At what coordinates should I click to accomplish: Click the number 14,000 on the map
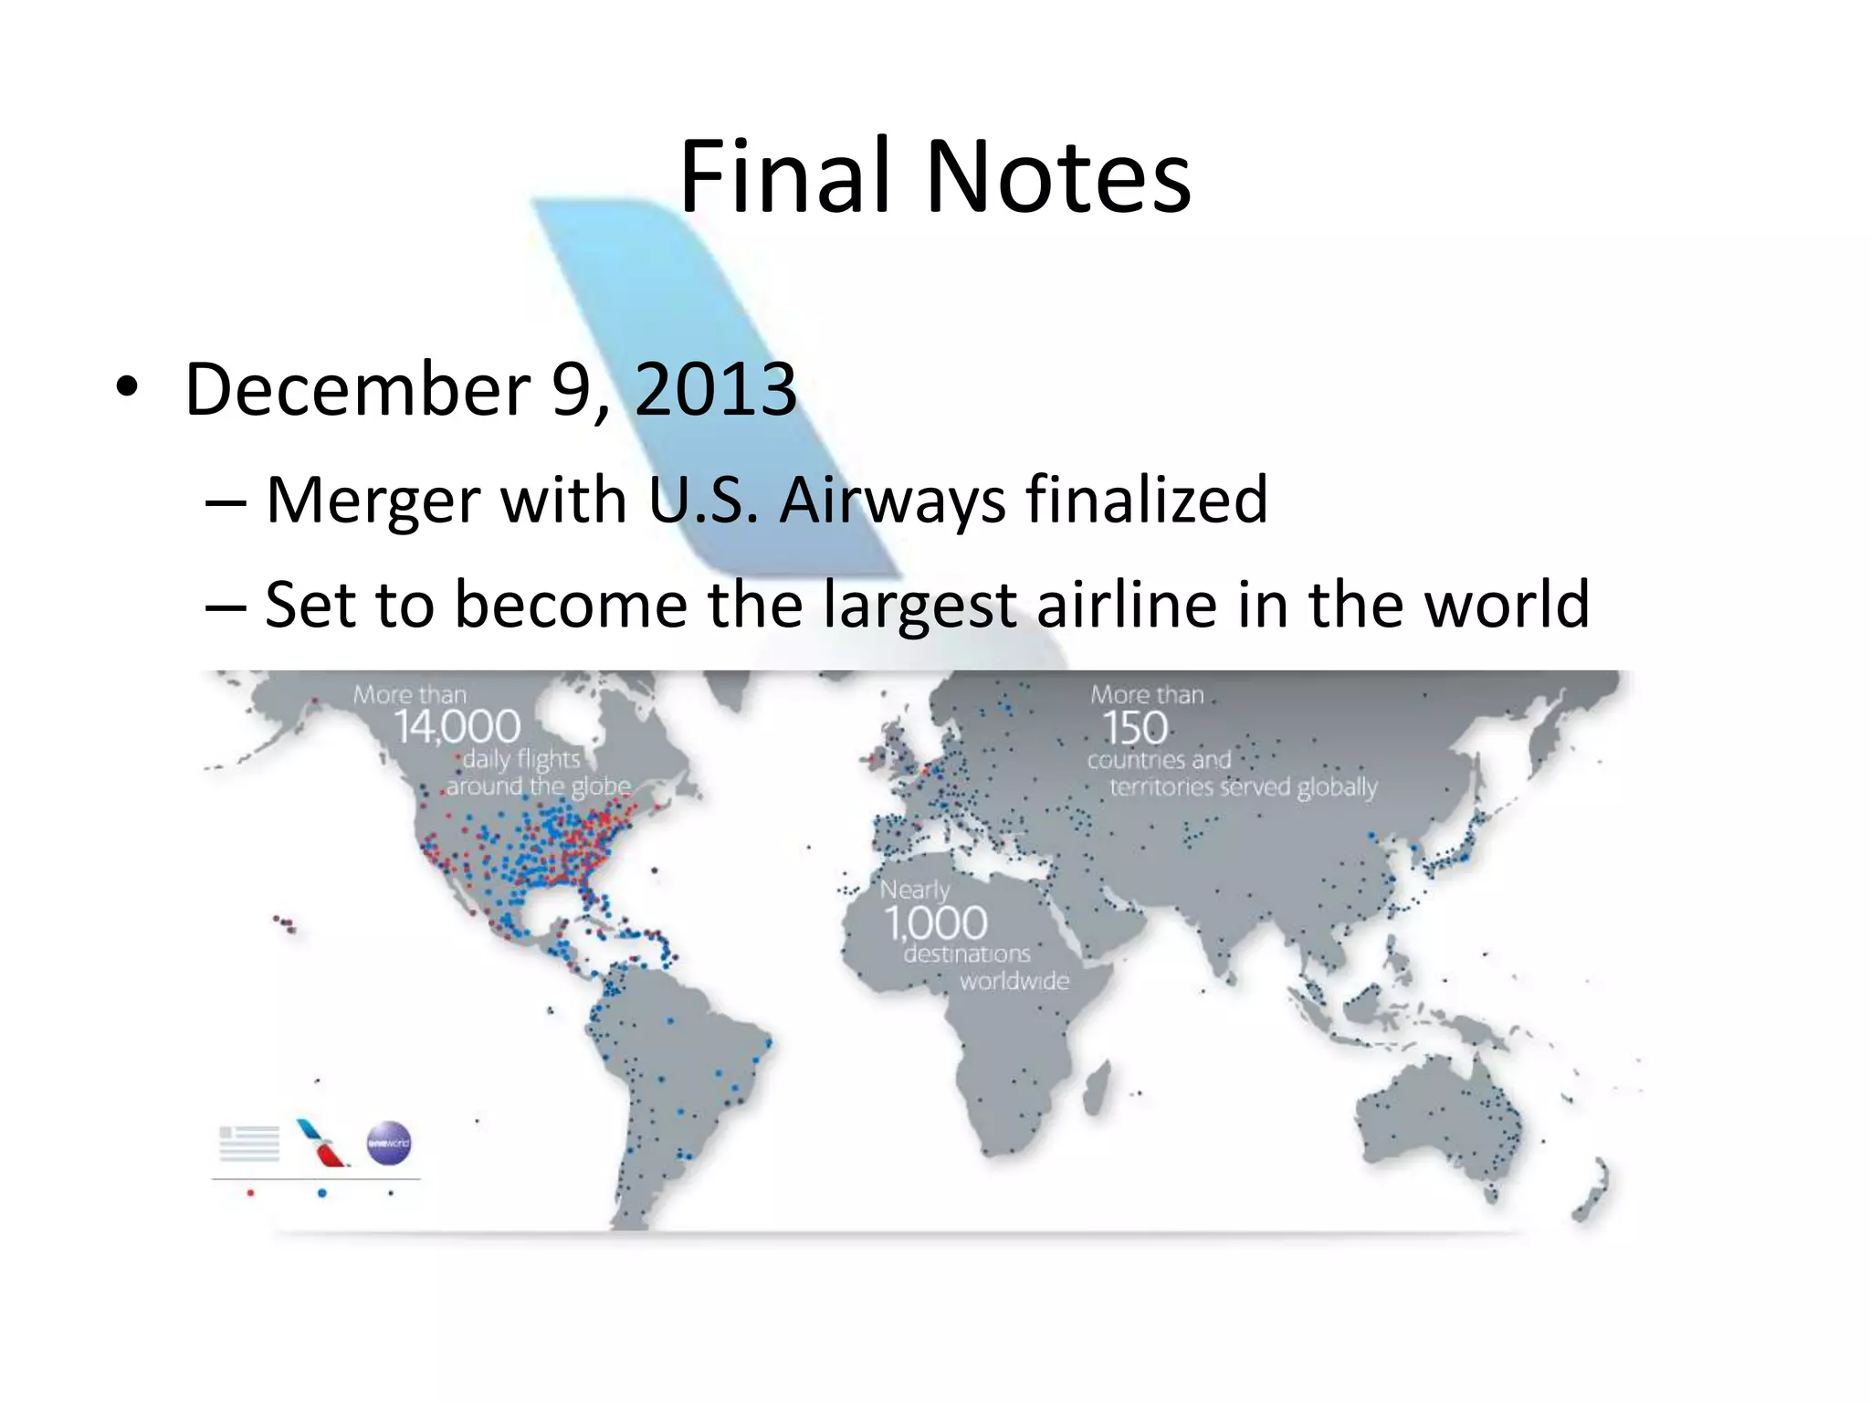coord(457,728)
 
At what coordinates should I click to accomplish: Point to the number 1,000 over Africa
coord(936,923)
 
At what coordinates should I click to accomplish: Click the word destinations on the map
coord(967,955)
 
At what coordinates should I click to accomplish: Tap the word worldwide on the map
coord(1014,982)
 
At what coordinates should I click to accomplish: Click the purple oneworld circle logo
coord(389,1143)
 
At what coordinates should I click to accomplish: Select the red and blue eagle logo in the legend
coord(321,1143)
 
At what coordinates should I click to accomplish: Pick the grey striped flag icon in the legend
coord(249,1144)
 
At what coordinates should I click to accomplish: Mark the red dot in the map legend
coord(251,1193)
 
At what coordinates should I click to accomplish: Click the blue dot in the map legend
coord(321,1193)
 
